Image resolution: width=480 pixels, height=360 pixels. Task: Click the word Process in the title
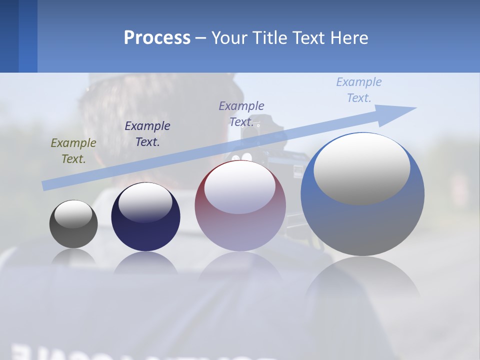click(157, 38)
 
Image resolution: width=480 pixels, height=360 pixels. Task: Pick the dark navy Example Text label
click(147, 134)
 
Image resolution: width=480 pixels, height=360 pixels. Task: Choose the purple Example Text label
click(241, 114)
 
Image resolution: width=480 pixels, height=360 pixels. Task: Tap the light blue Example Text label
click(359, 90)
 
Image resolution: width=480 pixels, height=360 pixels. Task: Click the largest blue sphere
click(362, 225)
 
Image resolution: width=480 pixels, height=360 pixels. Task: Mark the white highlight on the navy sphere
click(145, 202)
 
